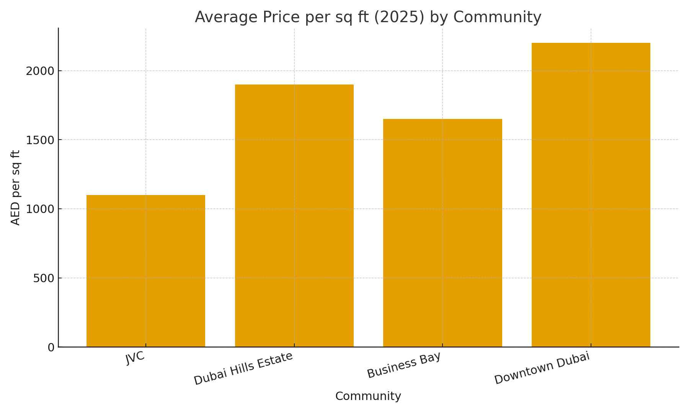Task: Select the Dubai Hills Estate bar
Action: click(x=294, y=216)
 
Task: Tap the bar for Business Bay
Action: click(x=442, y=233)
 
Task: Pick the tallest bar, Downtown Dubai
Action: click(x=591, y=195)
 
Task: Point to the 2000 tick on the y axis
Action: click(x=40, y=71)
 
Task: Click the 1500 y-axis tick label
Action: click(x=40, y=140)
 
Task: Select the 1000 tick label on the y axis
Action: click(x=40, y=209)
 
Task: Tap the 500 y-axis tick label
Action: click(x=44, y=278)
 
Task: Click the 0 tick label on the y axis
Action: click(x=51, y=348)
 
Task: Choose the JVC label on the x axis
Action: click(x=135, y=358)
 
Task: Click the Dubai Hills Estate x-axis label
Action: click(x=243, y=368)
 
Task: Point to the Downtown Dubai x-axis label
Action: click(x=542, y=367)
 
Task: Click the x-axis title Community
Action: click(x=368, y=396)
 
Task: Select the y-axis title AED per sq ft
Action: click(x=15, y=187)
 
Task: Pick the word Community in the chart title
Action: click(x=497, y=18)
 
